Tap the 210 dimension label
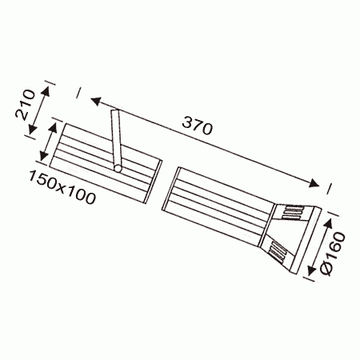click(25, 104)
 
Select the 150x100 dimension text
click(62, 187)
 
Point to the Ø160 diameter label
click(334, 254)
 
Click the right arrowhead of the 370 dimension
click(314, 183)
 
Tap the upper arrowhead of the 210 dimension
click(46, 91)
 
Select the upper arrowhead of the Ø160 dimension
click(328, 222)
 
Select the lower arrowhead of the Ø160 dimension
click(310, 270)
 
